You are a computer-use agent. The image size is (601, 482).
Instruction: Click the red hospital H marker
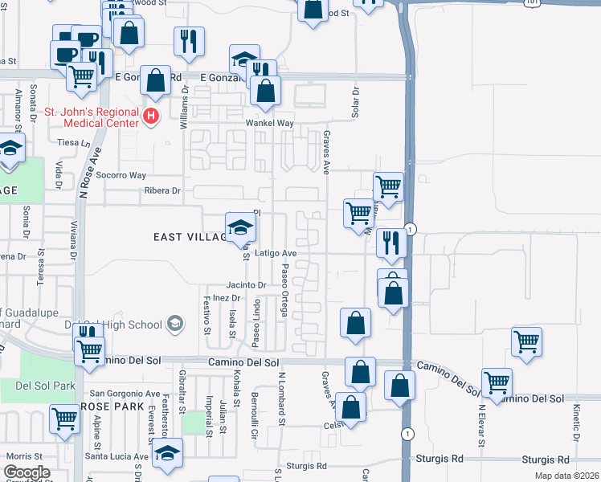click(x=149, y=117)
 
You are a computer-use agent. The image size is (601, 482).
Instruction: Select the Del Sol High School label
click(x=122, y=325)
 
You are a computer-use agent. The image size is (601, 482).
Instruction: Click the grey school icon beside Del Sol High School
click(x=174, y=325)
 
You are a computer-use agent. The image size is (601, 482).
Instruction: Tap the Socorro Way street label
click(x=126, y=175)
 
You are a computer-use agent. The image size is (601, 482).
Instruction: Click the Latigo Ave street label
click(x=276, y=253)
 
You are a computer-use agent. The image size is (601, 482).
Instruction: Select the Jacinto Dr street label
click(x=246, y=285)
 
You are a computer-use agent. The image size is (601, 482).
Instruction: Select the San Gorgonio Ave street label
click(x=125, y=394)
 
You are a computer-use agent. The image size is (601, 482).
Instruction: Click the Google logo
click(x=27, y=472)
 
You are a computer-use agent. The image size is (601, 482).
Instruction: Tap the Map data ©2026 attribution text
click(x=566, y=476)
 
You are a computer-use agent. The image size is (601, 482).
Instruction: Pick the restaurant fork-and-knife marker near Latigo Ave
click(x=390, y=243)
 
